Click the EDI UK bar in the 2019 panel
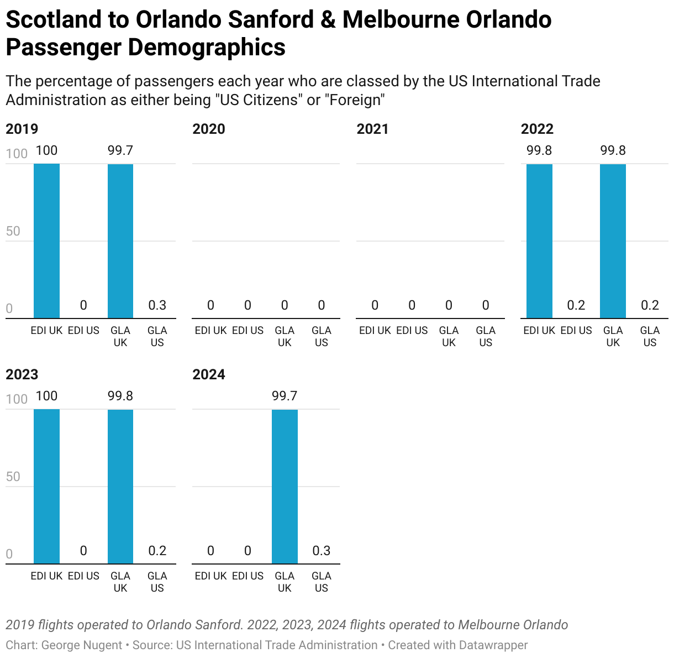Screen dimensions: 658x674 pyautogui.click(x=46, y=241)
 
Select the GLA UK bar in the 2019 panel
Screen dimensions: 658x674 pyautogui.click(x=120, y=241)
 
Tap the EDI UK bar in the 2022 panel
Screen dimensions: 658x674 pyautogui.click(x=539, y=241)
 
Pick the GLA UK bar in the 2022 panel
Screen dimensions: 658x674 pyautogui.click(x=613, y=241)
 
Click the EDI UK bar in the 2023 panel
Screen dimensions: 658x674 pyautogui.click(x=46, y=487)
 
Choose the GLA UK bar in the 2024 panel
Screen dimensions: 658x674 pyautogui.click(x=285, y=487)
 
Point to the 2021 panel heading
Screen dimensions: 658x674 pyautogui.click(x=372, y=129)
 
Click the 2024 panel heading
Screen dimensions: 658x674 pyautogui.click(x=208, y=375)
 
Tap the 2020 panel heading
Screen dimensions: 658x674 pyautogui.click(x=208, y=129)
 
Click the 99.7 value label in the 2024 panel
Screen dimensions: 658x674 pyautogui.click(x=285, y=396)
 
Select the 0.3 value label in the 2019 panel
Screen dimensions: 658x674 pyautogui.click(x=157, y=305)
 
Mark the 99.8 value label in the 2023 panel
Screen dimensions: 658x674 pyautogui.click(x=120, y=396)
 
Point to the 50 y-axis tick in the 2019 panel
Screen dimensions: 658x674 pyautogui.click(x=13, y=231)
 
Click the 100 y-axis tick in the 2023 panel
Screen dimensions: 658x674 pyautogui.click(x=17, y=399)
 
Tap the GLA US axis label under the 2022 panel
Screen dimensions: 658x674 pyautogui.click(x=650, y=336)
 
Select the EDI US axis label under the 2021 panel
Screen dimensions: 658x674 pyautogui.click(x=412, y=331)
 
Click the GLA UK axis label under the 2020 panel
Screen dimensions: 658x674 pyautogui.click(x=285, y=336)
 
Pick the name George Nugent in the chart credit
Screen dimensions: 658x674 pyautogui.click(x=82, y=645)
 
